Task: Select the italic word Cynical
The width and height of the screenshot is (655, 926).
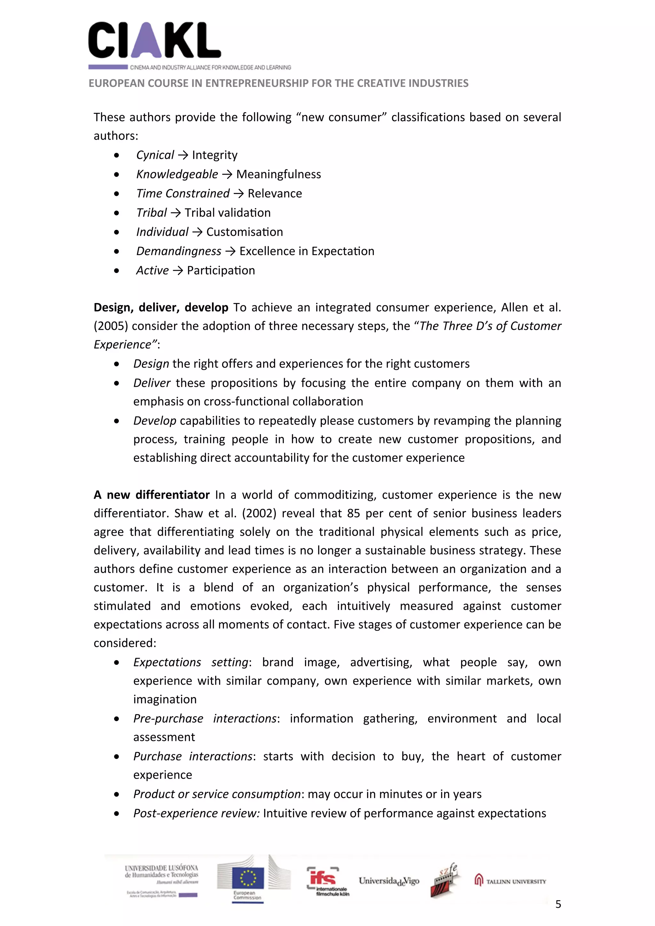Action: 155,155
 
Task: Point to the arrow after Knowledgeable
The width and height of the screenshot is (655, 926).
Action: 227,174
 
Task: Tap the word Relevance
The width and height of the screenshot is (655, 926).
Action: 274,194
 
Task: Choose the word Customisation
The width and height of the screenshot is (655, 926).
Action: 245,232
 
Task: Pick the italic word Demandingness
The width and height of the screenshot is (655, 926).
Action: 179,251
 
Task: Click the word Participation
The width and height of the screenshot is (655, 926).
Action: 221,271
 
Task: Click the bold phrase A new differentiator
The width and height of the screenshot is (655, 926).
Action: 151,495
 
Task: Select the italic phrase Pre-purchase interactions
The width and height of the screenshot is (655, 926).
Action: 205,718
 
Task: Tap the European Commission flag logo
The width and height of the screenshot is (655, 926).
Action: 248,878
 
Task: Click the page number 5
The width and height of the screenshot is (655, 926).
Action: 558,904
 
